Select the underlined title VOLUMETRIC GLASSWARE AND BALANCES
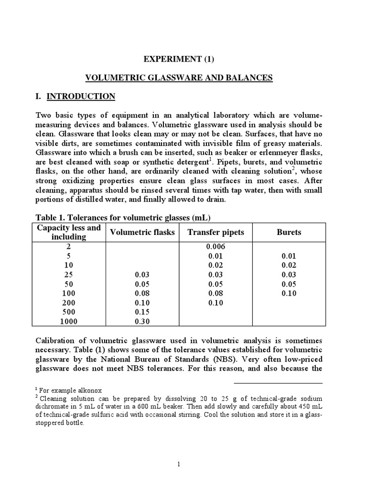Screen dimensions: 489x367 pyautogui.click(x=178, y=78)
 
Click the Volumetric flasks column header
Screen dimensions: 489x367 pyautogui.click(x=142, y=232)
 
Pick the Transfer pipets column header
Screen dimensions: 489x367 pyautogui.click(x=216, y=232)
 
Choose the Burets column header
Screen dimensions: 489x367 pyautogui.click(x=289, y=232)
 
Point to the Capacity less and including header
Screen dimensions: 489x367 pyautogui.click(x=69, y=232)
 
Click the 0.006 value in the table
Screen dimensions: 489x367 pyautogui.click(x=216, y=247)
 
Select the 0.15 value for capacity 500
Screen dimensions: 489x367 pyautogui.click(x=142, y=312)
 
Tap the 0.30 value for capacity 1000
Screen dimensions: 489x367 pyautogui.click(x=142, y=321)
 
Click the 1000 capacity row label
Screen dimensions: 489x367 pyautogui.click(x=69, y=321)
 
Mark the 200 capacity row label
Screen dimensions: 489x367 pyautogui.click(x=69, y=303)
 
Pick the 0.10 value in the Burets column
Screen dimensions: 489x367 pyautogui.click(x=289, y=293)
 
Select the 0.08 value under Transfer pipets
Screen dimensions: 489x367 pyautogui.click(x=216, y=293)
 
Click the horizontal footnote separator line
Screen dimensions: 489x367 pyautogui.click(x=278, y=383)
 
